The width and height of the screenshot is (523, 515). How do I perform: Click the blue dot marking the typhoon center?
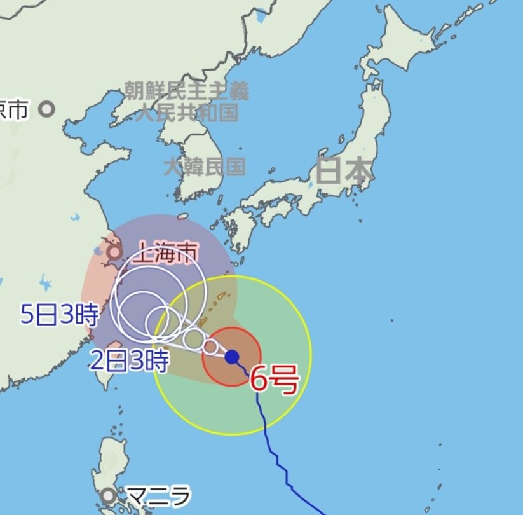pyautogui.click(x=232, y=357)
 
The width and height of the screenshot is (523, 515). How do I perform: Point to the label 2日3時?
pyautogui.click(x=129, y=361)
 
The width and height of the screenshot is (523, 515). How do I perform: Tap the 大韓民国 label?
pyautogui.click(x=204, y=167)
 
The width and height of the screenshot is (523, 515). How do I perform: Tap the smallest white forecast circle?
pyautogui.click(x=210, y=347)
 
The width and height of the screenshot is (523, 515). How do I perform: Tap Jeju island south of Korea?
pyautogui.click(x=182, y=216)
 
